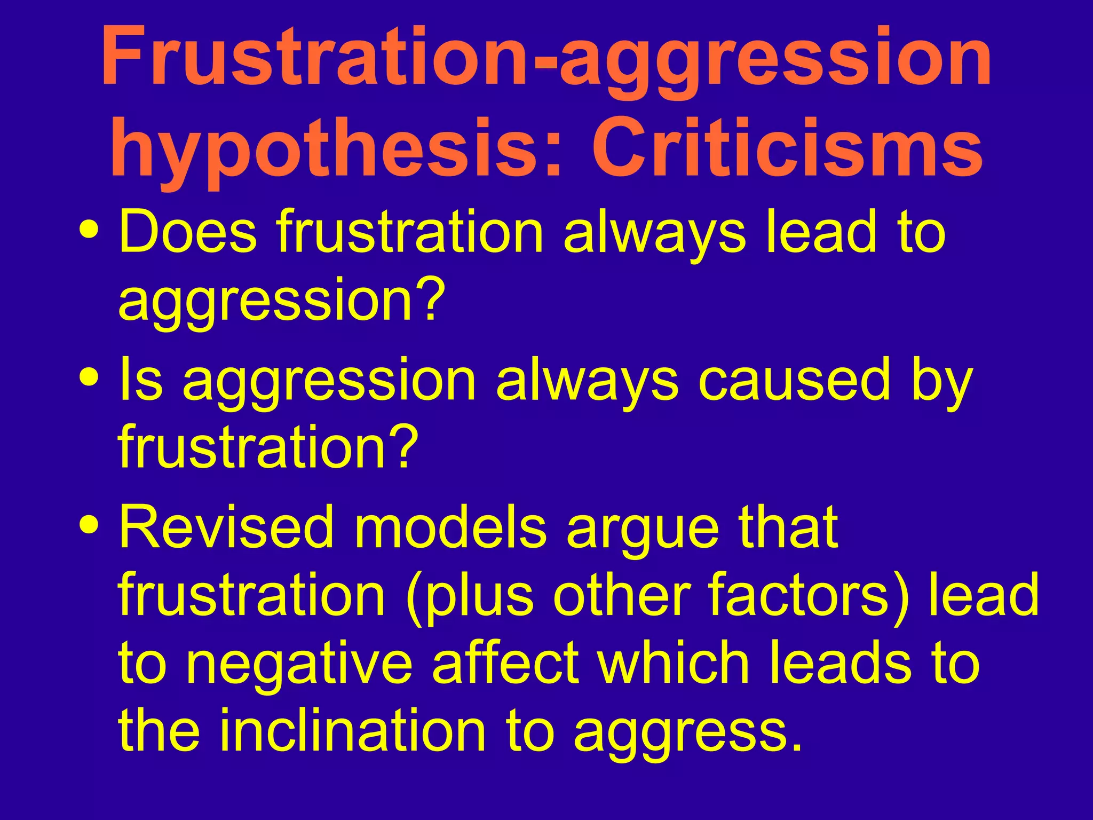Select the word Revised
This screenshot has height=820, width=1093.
(x=226, y=527)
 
